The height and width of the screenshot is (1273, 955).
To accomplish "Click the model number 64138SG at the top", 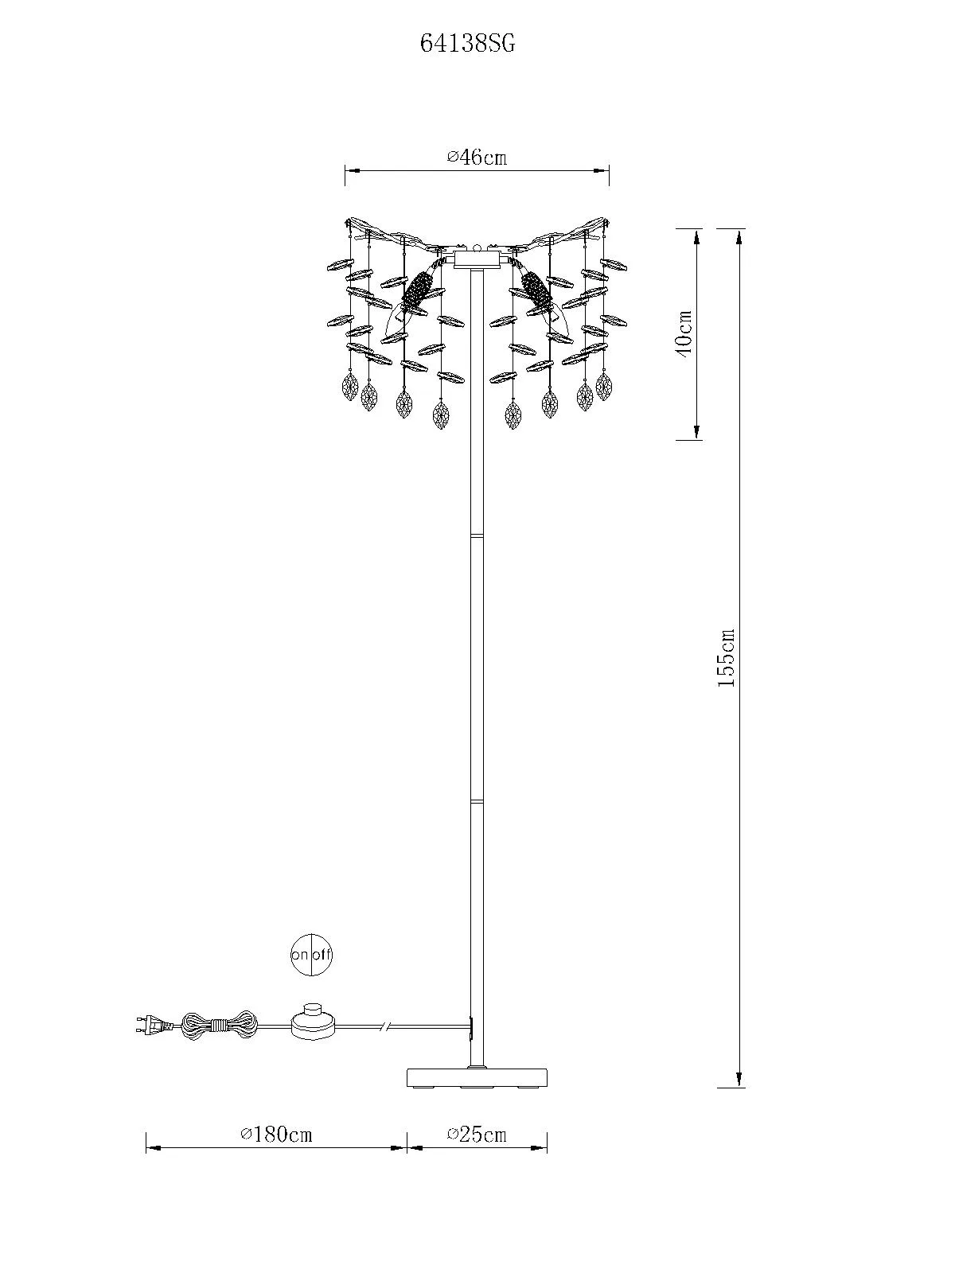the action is point(467,44).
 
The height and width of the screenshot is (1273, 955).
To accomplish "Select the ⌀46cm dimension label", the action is point(477,157).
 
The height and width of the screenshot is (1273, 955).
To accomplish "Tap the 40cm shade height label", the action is point(684,335).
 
